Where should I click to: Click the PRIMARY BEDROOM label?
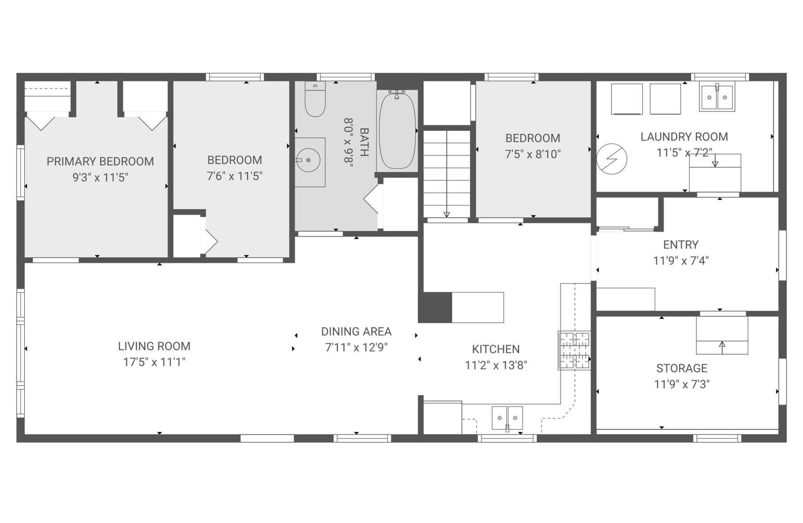100,161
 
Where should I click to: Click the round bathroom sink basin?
308,160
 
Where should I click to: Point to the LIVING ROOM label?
154,346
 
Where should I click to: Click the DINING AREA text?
356,331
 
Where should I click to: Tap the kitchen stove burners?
575,350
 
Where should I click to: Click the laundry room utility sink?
717,97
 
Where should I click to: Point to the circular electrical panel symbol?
612,159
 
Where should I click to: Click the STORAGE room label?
682,368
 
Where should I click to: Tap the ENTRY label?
681,245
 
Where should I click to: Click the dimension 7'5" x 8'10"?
533,154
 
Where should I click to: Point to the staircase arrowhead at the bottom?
447,214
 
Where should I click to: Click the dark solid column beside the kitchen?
435,307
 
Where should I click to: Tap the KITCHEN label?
496,349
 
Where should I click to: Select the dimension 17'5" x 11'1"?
154,362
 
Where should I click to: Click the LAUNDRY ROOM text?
684,137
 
